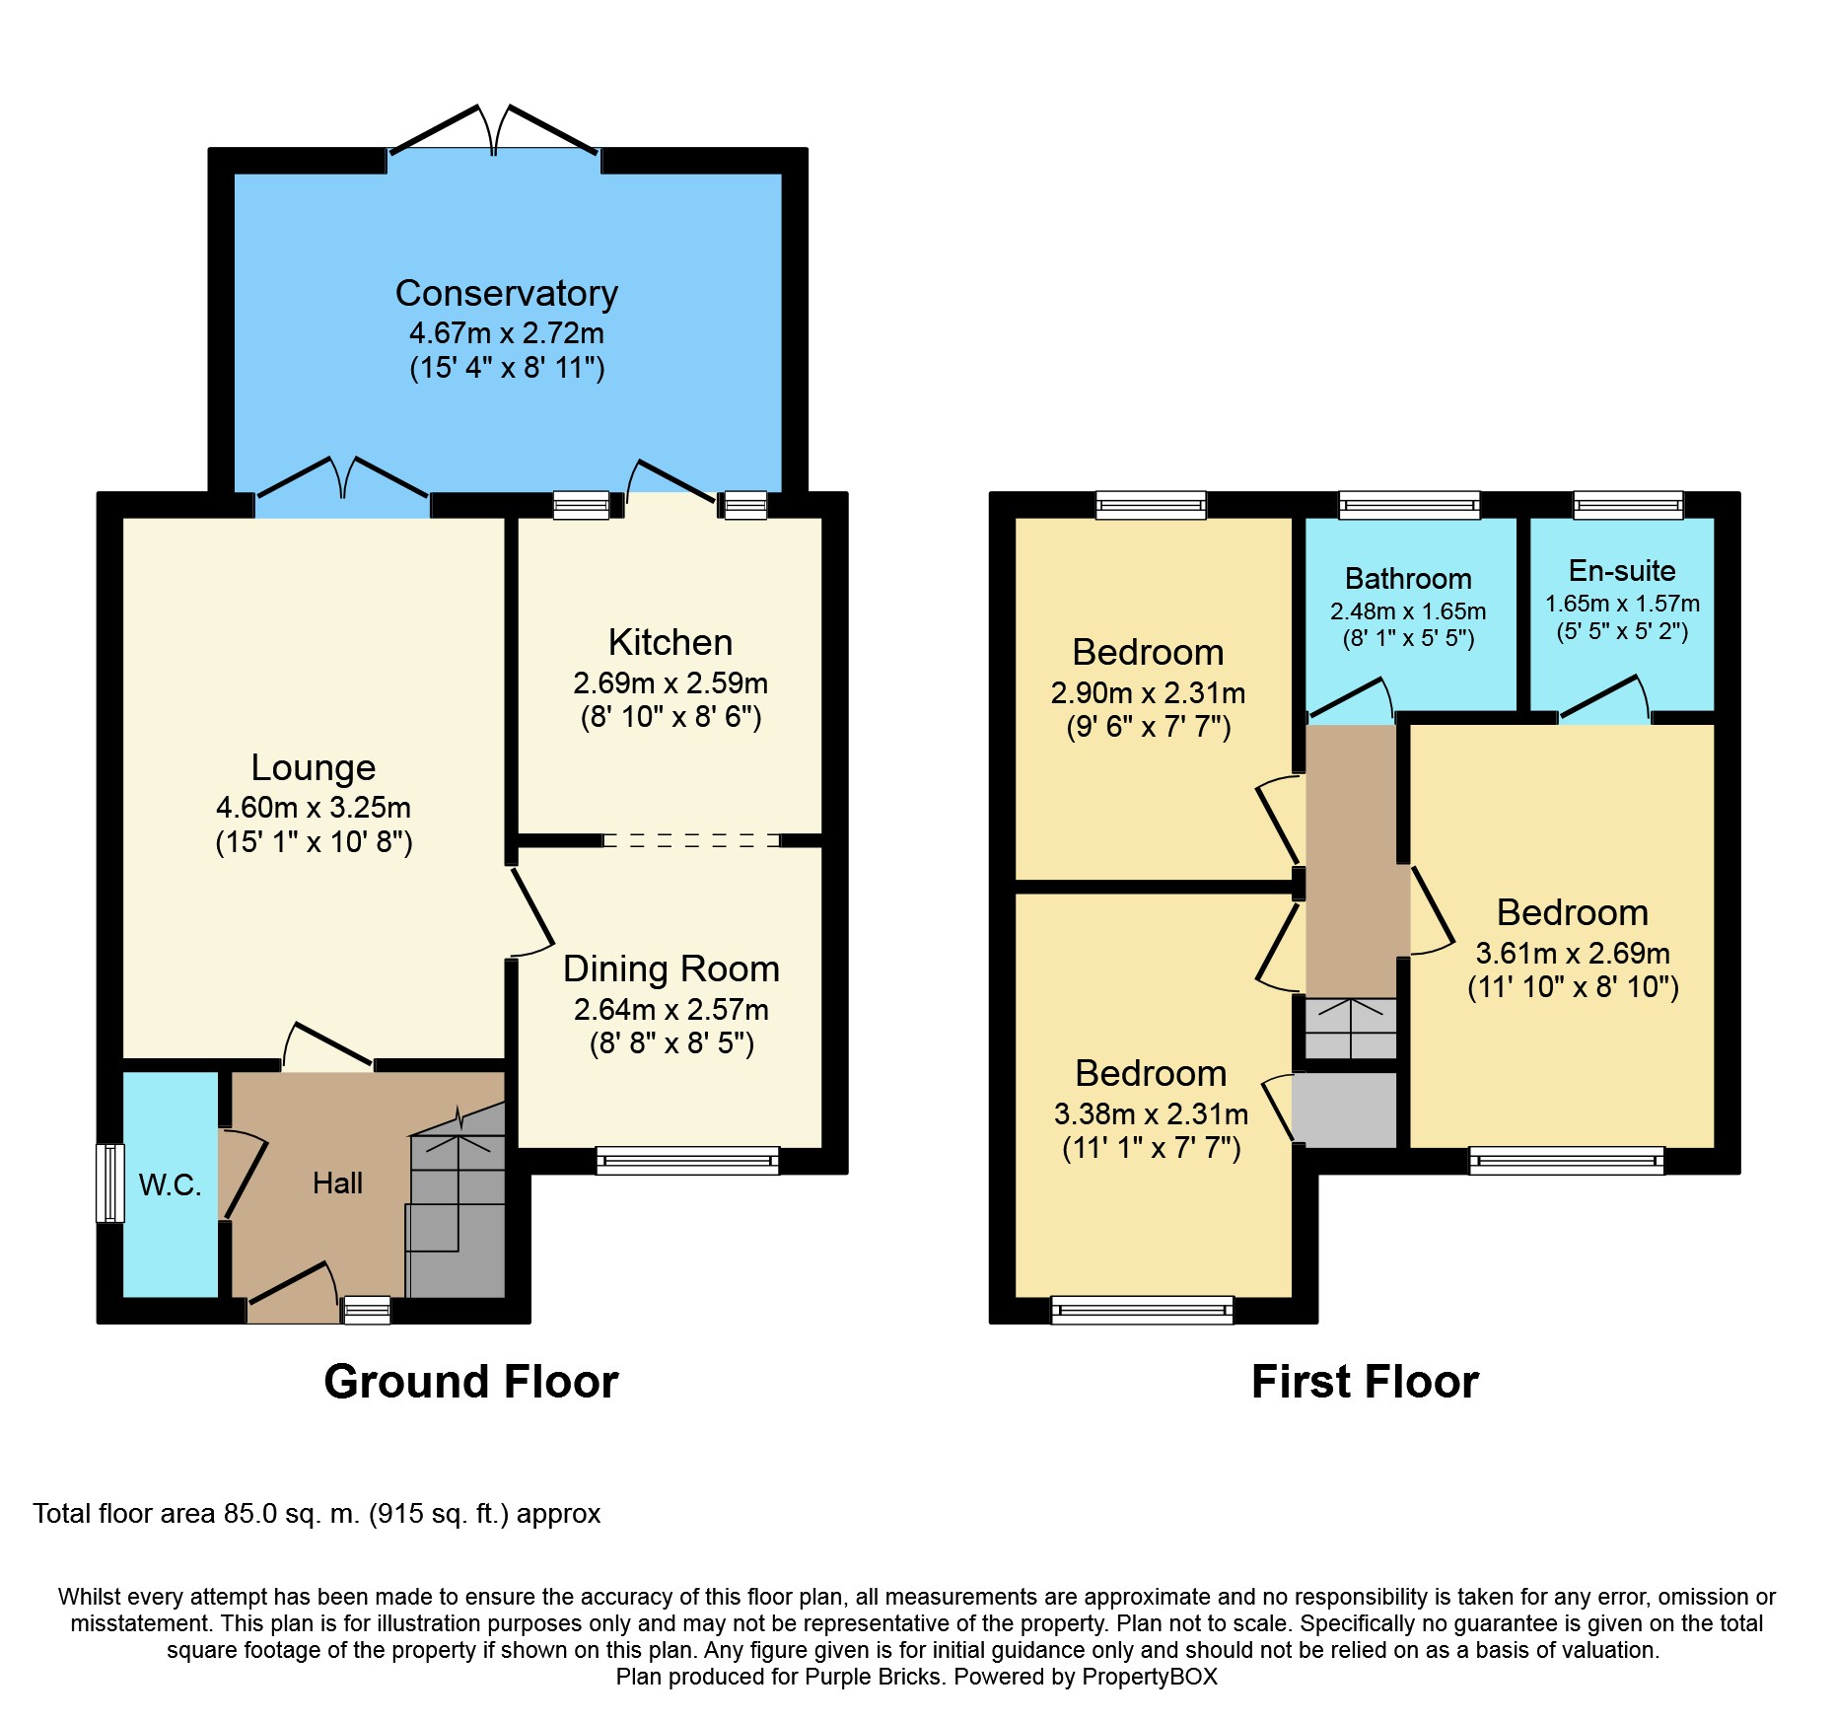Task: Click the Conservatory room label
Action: [x=507, y=293]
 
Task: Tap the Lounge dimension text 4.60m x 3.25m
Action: [x=314, y=807]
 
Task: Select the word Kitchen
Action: [x=670, y=642]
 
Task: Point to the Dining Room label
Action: [x=671, y=968]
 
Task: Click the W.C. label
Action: [x=170, y=1184]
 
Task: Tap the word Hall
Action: [x=337, y=1183]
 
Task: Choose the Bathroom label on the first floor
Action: [x=1408, y=578]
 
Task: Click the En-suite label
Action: [x=1622, y=570]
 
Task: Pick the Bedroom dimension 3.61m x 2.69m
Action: [x=1573, y=953]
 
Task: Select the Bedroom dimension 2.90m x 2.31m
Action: [x=1149, y=692]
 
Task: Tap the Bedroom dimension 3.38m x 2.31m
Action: [x=1151, y=1113]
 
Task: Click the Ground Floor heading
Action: [x=471, y=1382]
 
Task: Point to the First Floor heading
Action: [x=1365, y=1382]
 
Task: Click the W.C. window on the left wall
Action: [x=110, y=1183]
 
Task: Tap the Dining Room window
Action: [x=687, y=1161]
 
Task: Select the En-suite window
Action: [x=1628, y=505]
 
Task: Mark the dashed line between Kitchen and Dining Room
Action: [x=691, y=840]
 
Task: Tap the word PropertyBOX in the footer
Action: [x=1150, y=1677]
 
